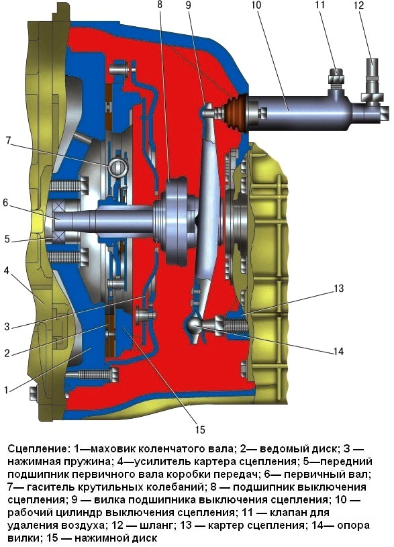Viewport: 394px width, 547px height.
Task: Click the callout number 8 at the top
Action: click(x=160, y=6)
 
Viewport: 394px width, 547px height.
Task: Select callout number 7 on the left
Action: click(x=8, y=140)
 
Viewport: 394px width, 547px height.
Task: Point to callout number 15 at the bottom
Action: click(x=200, y=429)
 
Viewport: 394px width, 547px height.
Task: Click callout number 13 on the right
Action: click(x=338, y=289)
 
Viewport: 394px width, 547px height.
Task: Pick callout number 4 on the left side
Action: click(x=7, y=270)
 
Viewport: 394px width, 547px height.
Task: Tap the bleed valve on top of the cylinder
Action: click(x=336, y=78)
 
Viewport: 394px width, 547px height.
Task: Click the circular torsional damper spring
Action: click(x=118, y=167)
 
